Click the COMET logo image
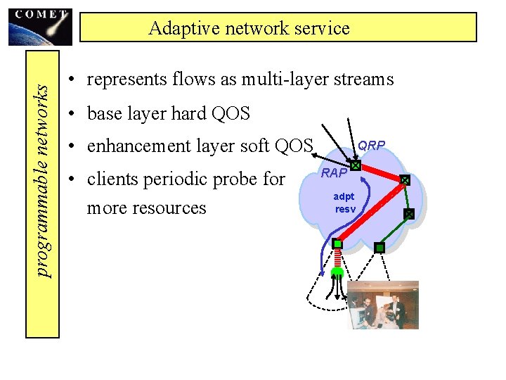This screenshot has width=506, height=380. [40, 27]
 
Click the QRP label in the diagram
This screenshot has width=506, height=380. [371, 146]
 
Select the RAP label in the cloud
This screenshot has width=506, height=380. [335, 173]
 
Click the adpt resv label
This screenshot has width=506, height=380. [344, 204]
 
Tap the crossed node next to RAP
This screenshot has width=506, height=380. [356, 167]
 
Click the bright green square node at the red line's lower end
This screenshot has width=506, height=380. [337, 244]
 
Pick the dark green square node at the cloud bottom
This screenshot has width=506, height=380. [379, 248]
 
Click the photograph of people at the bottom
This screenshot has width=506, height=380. [384, 305]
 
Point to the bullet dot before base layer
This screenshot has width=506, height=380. [72, 113]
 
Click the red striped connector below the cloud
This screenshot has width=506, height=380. [337, 258]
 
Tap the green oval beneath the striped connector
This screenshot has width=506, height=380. [337, 271]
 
